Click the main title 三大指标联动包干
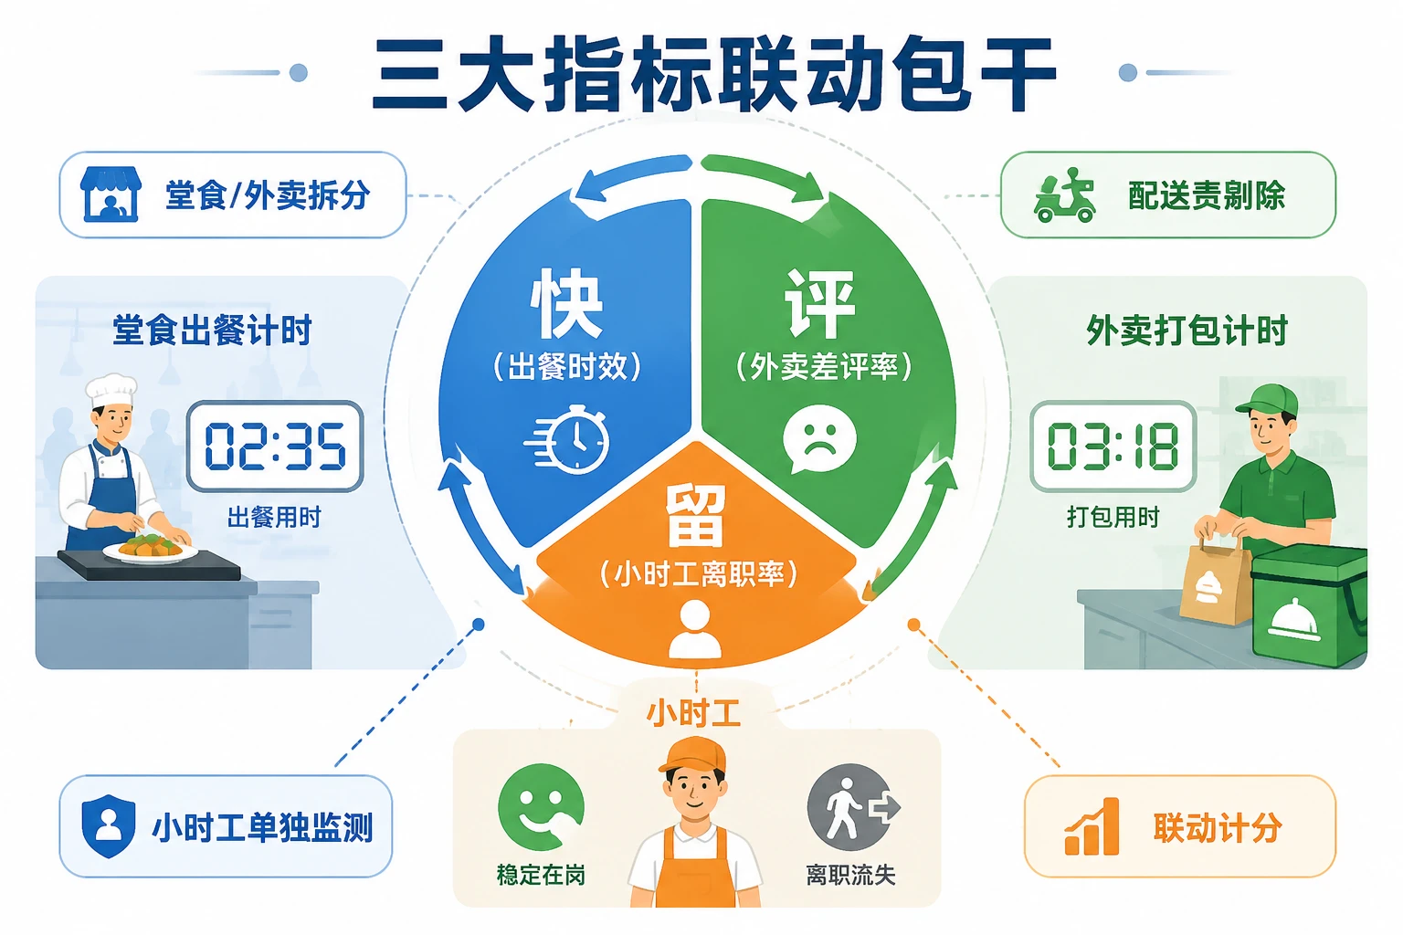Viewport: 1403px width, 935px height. tap(714, 74)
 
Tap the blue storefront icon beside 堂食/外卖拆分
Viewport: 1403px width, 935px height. tap(111, 194)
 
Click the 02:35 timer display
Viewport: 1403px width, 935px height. tap(276, 446)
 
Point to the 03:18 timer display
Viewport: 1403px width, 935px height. tap(1113, 446)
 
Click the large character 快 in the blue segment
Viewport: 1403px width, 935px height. tap(566, 304)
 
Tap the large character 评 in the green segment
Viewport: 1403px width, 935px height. tap(820, 304)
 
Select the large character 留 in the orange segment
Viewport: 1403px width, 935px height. tap(695, 515)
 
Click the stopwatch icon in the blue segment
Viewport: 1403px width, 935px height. tap(567, 439)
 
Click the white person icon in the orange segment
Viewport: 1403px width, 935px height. tap(695, 629)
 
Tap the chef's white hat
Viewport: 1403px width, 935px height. tap(111, 390)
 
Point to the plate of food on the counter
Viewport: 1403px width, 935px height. tap(151, 549)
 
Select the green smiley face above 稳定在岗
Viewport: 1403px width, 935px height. tap(541, 807)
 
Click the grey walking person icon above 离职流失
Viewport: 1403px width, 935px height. tap(852, 807)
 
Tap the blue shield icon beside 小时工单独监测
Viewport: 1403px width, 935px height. tap(109, 826)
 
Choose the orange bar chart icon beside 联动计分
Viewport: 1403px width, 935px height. tap(1092, 826)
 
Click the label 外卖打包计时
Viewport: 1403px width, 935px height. tap(1187, 330)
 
